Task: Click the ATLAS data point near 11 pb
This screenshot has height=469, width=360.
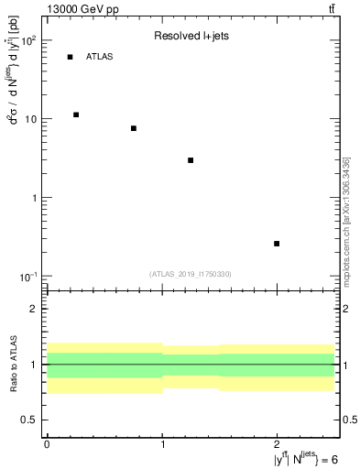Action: pos(76,115)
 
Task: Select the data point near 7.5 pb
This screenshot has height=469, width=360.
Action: pos(134,128)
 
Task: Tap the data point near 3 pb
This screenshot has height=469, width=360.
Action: pos(191,160)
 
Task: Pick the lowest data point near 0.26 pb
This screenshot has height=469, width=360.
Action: pos(277,244)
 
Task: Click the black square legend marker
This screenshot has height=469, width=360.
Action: pos(70,57)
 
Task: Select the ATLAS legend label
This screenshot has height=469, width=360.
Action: pos(100,57)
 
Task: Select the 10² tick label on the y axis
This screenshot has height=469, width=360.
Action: pos(27,41)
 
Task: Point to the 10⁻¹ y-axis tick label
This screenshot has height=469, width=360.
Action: pos(27,278)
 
